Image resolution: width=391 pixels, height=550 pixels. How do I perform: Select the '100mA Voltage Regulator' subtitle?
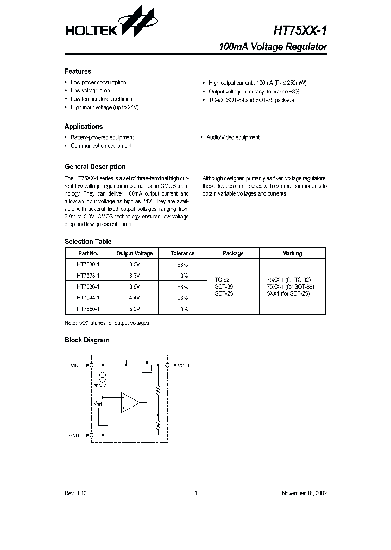pos(273,47)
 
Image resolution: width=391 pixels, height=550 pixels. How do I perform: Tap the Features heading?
pos(78,71)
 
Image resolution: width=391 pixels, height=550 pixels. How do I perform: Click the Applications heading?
pos(84,127)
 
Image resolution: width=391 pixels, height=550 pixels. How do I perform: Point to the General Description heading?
pos(94,167)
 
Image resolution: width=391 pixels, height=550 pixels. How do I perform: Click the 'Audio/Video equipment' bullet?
pos(232,137)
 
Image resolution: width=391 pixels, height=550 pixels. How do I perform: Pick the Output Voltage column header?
pos(134,253)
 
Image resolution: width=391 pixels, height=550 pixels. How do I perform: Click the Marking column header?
pos(292,253)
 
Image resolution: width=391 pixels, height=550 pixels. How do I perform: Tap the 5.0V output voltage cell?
pos(134,309)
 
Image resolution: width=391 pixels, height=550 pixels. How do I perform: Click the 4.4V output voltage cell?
pos(134,297)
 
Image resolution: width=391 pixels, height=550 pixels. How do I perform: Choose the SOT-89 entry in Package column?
pos(223,286)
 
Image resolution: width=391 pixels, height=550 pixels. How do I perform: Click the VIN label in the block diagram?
pos(75,366)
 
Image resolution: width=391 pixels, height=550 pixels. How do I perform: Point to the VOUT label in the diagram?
pos(184,366)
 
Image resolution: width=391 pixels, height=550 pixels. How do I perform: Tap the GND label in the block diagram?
pos(74,435)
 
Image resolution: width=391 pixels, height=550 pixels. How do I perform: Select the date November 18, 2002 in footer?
pos(304,493)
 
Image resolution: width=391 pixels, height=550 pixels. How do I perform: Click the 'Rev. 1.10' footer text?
pos(75,493)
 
